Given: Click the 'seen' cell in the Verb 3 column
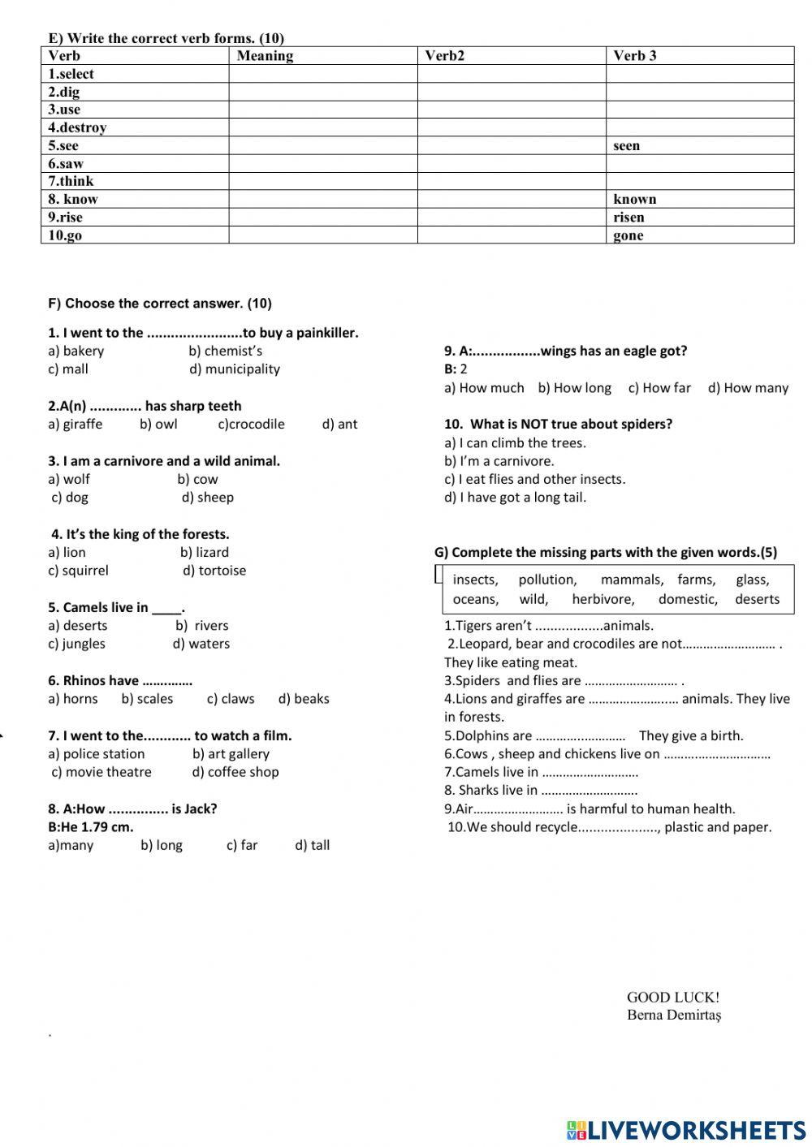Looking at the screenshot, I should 626,146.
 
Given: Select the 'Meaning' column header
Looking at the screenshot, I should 265,56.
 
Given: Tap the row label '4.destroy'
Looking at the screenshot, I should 77,127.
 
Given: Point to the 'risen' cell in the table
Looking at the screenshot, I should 628,218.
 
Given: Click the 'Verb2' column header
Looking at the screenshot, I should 444,56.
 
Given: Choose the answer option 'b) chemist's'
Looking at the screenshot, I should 225,351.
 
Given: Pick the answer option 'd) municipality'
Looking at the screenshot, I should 234,369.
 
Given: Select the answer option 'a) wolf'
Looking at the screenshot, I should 69,480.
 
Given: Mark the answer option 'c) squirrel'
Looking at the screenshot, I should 78,571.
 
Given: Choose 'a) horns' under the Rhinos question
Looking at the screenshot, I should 72,699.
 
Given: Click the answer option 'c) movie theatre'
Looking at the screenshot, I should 101,772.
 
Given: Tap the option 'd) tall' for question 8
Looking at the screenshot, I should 312,845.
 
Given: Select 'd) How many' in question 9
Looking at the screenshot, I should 748,388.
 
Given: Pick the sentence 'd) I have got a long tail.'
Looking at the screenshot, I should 515,498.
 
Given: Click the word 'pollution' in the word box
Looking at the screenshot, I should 547,580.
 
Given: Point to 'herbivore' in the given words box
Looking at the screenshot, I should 603,600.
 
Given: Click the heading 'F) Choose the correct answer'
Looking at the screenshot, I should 160,304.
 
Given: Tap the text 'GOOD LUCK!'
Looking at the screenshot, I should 672,998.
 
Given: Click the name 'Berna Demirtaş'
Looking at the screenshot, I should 674,1015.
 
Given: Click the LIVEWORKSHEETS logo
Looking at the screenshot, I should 686,1130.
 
